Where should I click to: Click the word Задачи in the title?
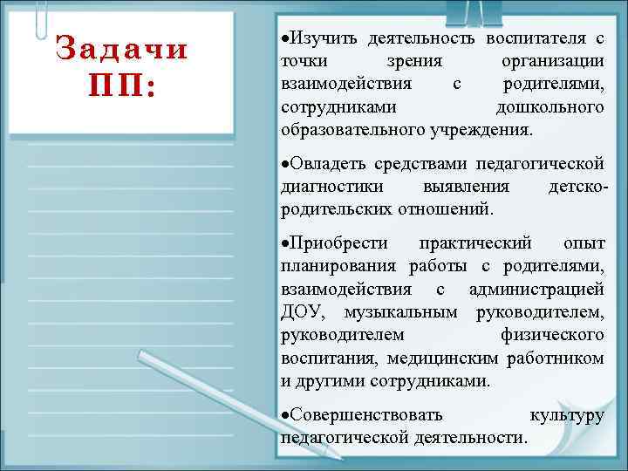click(x=121, y=48)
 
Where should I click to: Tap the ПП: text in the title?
click(x=121, y=86)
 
